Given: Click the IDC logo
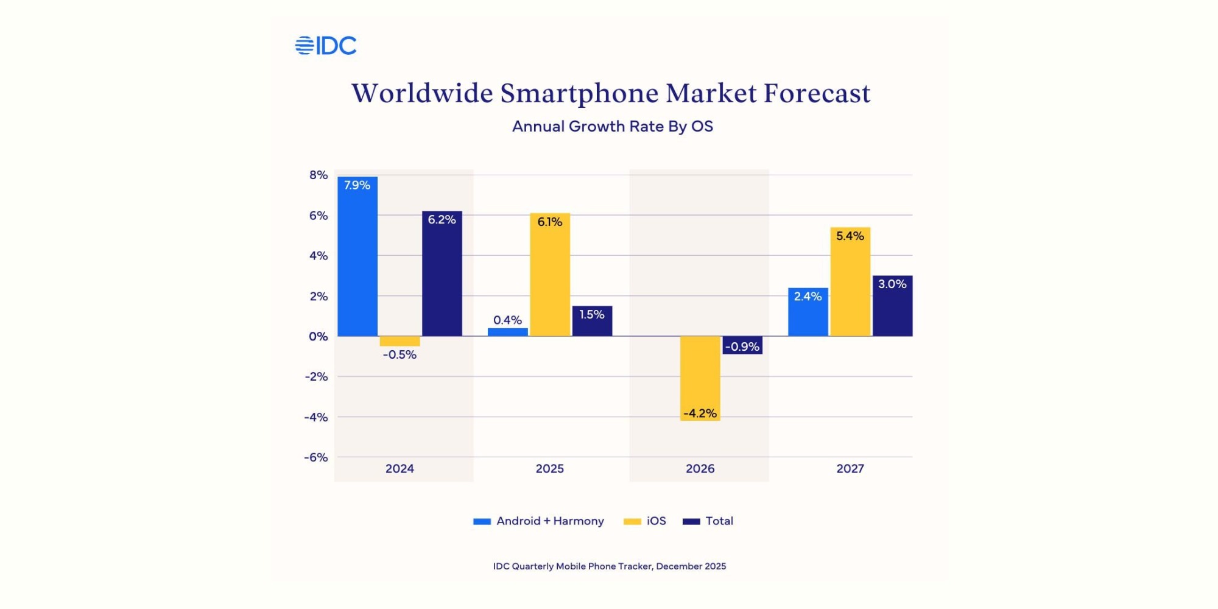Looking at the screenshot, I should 326,46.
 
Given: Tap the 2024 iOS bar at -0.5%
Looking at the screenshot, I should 400,341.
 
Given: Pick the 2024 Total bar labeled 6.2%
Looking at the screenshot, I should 442,274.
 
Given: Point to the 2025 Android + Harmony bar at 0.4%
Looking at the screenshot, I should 508,332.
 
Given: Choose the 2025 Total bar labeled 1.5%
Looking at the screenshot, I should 592,321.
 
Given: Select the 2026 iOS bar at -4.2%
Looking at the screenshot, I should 700,378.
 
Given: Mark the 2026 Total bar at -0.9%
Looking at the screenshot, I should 742,345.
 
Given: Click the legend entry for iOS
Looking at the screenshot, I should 646,521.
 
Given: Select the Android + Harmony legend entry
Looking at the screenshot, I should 539,521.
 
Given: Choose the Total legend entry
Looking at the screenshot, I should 708,521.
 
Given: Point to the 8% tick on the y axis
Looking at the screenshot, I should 319,175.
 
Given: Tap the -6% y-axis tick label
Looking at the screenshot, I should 316,457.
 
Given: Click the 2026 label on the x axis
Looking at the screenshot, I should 700,468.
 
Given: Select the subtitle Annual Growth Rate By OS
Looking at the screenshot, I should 613,127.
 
